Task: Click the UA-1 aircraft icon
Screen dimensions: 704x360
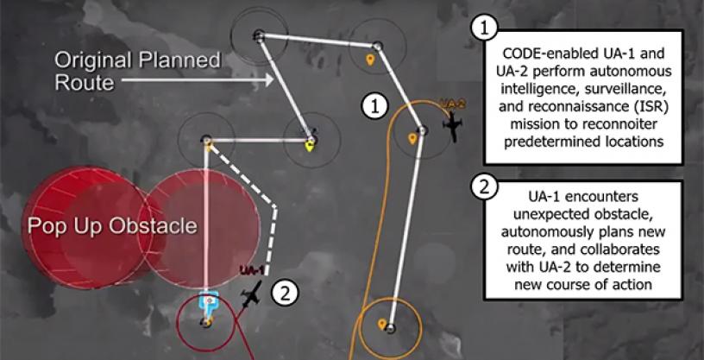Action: pyautogui.click(x=251, y=294)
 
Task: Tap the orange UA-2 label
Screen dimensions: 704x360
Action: pyautogui.click(x=451, y=104)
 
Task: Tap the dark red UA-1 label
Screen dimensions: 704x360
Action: pyautogui.click(x=250, y=270)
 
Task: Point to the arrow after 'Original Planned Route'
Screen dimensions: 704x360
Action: pyautogui.click(x=198, y=80)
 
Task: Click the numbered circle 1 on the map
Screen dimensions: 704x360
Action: pyautogui.click(x=374, y=107)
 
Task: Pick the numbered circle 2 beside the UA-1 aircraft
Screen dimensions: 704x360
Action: pyautogui.click(x=285, y=294)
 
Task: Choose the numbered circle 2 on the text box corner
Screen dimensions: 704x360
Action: pyautogui.click(x=483, y=187)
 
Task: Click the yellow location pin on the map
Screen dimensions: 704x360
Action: pyautogui.click(x=309, y=146)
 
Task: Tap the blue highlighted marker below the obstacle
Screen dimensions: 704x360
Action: pyautogui.click(x=208, y=302)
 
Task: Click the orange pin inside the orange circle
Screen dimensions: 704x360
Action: pyautogui.click(x=382, y=325)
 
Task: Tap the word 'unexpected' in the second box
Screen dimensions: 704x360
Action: pyautogui.click(x=582, y=215)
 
